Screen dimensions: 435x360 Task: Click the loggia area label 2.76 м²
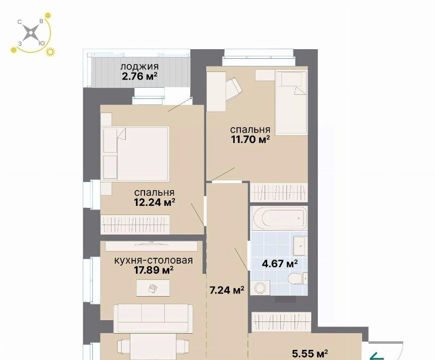139,76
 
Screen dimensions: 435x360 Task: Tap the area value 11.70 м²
250,139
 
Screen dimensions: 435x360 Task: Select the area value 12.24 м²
154,202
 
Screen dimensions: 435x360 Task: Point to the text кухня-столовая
154,261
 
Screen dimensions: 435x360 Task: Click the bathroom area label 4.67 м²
280,263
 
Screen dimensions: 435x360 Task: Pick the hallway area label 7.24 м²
227,290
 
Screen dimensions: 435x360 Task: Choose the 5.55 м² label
310,353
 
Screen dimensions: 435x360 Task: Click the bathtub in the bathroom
279,218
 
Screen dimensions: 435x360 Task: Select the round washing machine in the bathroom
260,287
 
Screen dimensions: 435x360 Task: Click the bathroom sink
300,246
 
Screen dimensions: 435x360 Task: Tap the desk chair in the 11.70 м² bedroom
234,89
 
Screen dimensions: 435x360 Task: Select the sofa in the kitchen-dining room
154,318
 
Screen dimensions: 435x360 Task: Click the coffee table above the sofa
153,288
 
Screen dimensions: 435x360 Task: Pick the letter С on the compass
20,22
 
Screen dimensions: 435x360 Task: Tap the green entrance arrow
377,356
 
